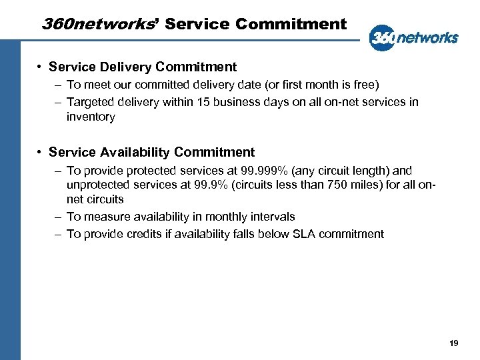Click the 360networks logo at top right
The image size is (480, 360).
click(413, 37)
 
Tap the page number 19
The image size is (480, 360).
click(454, 343)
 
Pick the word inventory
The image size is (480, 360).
click(91, 117)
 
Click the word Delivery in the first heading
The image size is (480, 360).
click(127, 67)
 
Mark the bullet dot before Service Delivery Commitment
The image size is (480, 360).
click(41, 67)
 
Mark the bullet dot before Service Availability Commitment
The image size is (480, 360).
click(41, 153)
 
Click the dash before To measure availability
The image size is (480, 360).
click(58, 217)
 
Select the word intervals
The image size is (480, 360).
click(273, 217)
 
